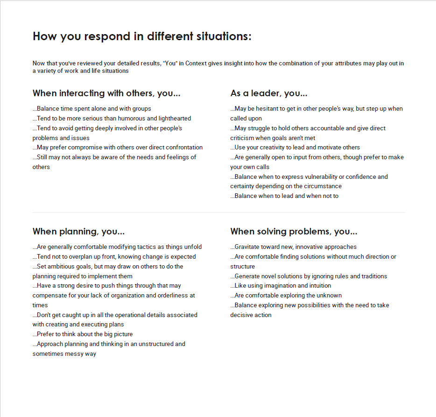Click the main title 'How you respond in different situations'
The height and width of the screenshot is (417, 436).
coord(142,36)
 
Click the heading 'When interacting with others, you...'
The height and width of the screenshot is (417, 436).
coord(106,93)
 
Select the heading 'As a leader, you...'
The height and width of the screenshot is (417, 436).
coord(269,93)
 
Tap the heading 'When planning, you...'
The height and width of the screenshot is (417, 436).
coord(78,232)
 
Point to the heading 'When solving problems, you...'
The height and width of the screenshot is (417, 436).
coord(294,232)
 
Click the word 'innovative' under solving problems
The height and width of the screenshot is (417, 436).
coord(311,247)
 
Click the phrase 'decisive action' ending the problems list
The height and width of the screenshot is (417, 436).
coord(251,315)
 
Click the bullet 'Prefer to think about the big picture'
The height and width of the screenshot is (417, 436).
coord(83,334)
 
